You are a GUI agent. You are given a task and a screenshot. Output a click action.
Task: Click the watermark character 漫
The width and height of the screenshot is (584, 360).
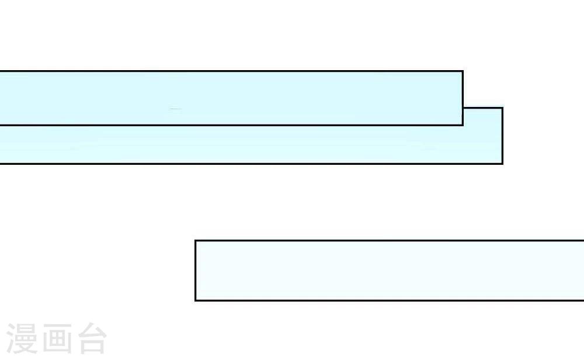[22, 338]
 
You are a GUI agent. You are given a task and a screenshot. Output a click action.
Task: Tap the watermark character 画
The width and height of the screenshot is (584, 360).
[57, 338]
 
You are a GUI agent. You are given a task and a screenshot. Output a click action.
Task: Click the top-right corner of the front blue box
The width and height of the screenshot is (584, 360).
[463, 71]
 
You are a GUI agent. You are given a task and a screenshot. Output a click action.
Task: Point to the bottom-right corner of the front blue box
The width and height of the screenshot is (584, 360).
[463, 125]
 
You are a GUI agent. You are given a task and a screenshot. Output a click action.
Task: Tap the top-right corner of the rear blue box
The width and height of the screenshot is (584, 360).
[502, 108]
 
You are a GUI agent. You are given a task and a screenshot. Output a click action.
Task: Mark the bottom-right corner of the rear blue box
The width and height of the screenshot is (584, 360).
[502, 163]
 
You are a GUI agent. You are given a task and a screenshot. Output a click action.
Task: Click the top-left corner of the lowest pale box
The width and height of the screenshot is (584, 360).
[196, 241]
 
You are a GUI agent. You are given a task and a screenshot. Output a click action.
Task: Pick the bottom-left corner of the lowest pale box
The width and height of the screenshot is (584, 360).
[196, 300]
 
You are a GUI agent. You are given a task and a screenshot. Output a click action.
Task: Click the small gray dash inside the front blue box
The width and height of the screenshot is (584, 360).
[176, 109]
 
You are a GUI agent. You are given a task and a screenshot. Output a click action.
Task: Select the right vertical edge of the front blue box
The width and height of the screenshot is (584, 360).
[463, 98]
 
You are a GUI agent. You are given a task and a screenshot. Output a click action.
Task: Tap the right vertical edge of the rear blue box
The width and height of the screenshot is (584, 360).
[502, 136]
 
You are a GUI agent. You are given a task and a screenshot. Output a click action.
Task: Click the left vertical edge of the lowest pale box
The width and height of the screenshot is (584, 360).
[196, 271]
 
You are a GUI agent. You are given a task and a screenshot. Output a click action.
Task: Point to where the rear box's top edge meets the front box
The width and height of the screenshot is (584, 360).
[463, 108]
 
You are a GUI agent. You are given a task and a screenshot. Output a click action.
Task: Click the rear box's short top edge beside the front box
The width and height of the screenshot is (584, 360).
[483, 108]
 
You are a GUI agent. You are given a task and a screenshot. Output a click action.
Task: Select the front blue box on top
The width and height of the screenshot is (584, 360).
[231, 98]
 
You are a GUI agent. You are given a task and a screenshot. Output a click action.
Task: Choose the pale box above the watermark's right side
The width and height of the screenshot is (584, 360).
[389, 271]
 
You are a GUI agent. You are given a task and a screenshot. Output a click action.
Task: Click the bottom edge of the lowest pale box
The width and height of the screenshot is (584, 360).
[390, 300]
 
